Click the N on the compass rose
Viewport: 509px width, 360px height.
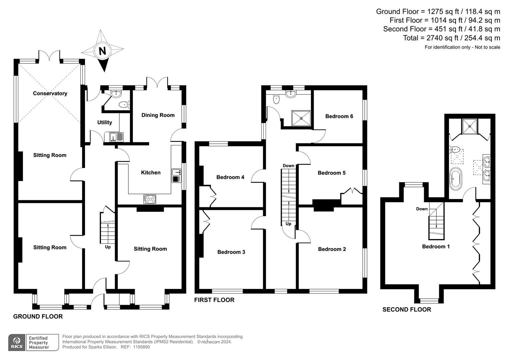(x=102, y=51)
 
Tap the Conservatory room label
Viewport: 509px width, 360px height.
(x=50, y=93)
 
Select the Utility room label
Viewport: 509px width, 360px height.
(x=104, y=122)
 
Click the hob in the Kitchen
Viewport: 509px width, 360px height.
(x=150, y=199)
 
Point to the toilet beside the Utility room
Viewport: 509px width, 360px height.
(x=124, y=105)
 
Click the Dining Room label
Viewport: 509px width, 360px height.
(x=158, y=115)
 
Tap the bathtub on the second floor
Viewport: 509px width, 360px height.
(x=455, y=179)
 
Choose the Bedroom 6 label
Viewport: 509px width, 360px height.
(x=339, y=116)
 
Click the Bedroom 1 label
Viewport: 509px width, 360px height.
(x=436, y=246)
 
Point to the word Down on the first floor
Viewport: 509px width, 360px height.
(x=288, y=166)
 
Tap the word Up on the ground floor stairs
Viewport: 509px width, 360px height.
(x=108, y=247)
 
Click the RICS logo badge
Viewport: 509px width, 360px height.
(x=17, y=342)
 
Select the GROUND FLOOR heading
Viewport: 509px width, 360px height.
(x=38, y=316)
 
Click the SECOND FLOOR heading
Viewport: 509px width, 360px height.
(x=406, y=309)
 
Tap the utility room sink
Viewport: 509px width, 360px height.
(x=113, y=137)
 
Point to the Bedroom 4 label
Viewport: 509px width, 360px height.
(x=230, y=177)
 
